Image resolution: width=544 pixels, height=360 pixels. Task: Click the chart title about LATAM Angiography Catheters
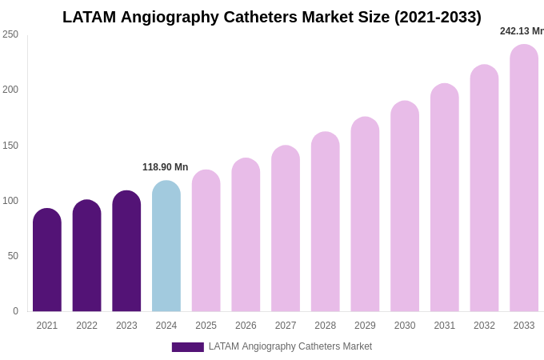point(272,17)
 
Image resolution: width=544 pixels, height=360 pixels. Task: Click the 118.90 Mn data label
point(165,167)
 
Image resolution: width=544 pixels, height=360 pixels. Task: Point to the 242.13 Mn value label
point(521,31)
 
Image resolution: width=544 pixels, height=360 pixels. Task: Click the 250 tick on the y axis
point(10,34)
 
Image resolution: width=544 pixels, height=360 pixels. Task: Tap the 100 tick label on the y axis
point(10,201)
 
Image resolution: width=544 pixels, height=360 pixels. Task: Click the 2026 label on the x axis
point(246,326)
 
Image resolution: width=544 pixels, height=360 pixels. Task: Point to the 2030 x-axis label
point(405,326)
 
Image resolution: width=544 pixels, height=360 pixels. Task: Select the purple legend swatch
point(187,347)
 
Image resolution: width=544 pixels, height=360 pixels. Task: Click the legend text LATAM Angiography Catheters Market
point(290,346)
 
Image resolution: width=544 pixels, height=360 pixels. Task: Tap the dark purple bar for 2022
point(87,256)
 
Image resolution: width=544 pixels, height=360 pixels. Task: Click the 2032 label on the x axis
point(484,326)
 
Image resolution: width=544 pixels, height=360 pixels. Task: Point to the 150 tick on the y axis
point(10,146)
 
